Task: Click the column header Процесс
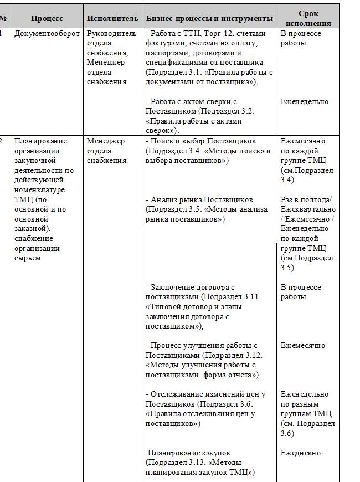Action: [47, 18]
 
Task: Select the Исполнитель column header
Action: [112, 18]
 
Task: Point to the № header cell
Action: [3, 18]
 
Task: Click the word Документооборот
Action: [47, 34]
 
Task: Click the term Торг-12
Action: [208, 34]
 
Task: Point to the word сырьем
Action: [28, 258]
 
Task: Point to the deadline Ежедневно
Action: [301, 453]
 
